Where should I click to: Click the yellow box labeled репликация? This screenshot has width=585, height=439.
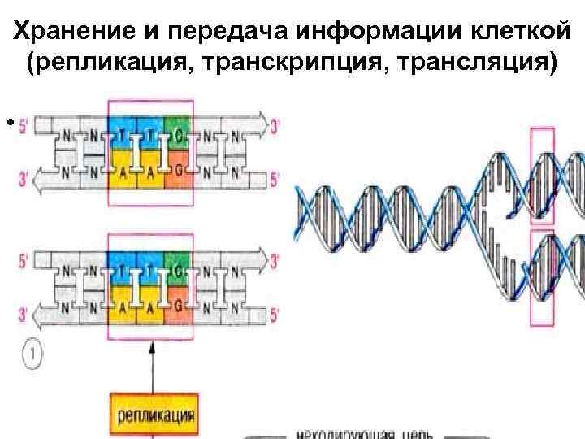pyautogui.click(x=155, y=417)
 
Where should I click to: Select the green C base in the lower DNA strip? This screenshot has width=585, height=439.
pyautogui.click(x=177, y=263)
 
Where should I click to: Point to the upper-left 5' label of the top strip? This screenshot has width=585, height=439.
pyautogui.click(x=24, y=127)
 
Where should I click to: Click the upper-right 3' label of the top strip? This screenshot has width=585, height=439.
pyautogui.click(x=276, y=128)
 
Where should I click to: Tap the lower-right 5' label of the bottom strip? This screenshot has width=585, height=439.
pyautogui.click(x=276, y=309)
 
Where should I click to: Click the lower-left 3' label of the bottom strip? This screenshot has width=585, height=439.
pyautogui.click(x=24, y=310)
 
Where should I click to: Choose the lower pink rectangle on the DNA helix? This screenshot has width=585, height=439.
pyautogui.click(x=541, y=276)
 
